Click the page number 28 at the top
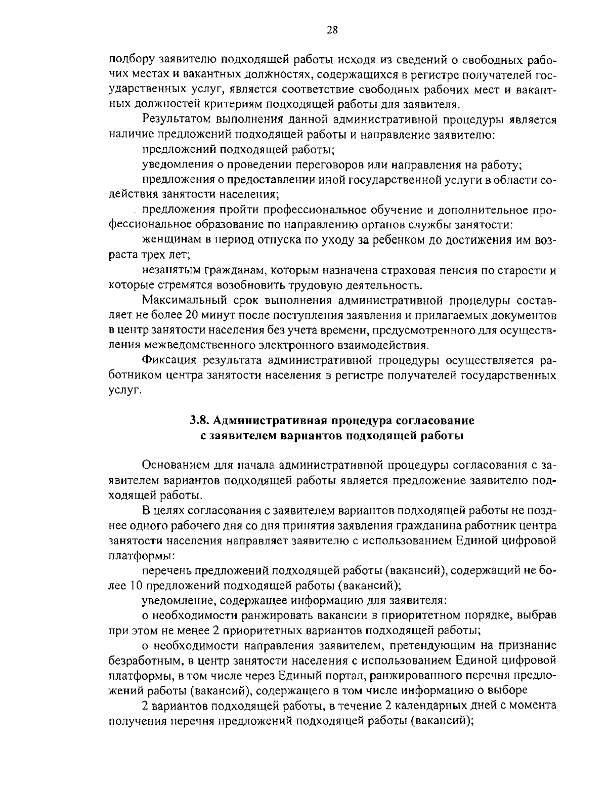(332, 29)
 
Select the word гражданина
(430, 525)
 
